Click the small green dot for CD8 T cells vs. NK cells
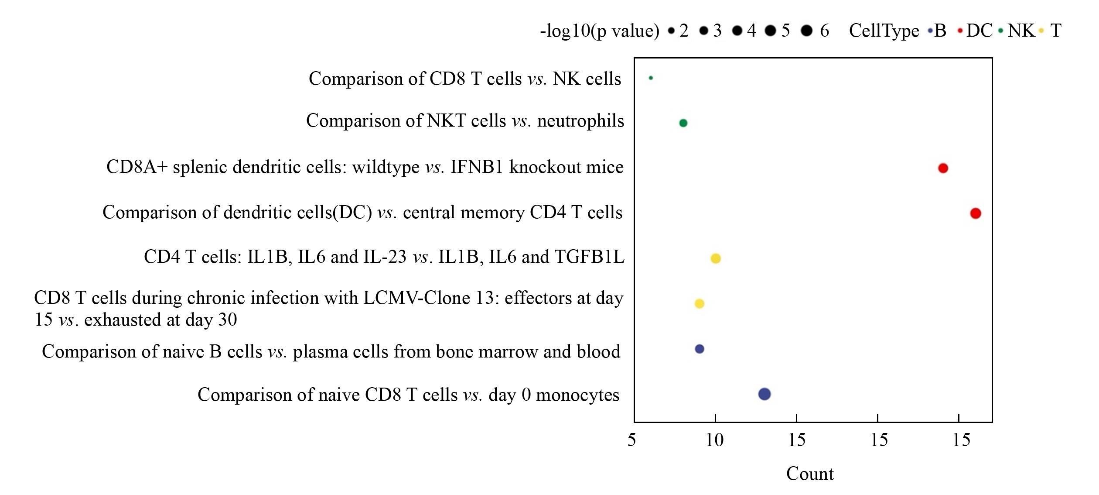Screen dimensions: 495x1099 tap(651, 78)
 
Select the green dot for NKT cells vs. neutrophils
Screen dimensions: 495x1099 tap(683, 123)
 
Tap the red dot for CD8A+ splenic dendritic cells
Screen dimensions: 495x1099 tap(943, 168)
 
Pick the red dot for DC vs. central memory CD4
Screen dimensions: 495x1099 tap(976, 213)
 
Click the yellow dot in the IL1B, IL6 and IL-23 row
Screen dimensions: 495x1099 tap(716, 258)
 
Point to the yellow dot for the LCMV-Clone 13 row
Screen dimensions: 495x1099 tap(699, 303)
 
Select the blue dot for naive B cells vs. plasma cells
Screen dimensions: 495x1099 tap(699, 349)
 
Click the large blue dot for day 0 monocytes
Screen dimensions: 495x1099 tap(765, 394)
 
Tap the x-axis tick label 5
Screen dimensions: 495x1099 tap(631, 440)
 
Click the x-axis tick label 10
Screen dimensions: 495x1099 tap(714, 440)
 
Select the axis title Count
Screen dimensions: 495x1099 tap(810, 474)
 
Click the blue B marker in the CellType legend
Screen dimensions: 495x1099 tap(930, 31)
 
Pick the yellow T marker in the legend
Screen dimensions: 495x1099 tap(1041, 31)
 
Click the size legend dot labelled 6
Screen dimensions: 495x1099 tap(807, 31)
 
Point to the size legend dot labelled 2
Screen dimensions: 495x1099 tap(671, 31)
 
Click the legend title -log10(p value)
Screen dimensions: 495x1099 tap(600, 31)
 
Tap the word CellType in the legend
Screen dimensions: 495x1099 tap(884, 31)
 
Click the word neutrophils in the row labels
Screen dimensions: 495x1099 tap(580, 120)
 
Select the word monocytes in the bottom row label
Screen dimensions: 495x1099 tap(577, 395)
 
